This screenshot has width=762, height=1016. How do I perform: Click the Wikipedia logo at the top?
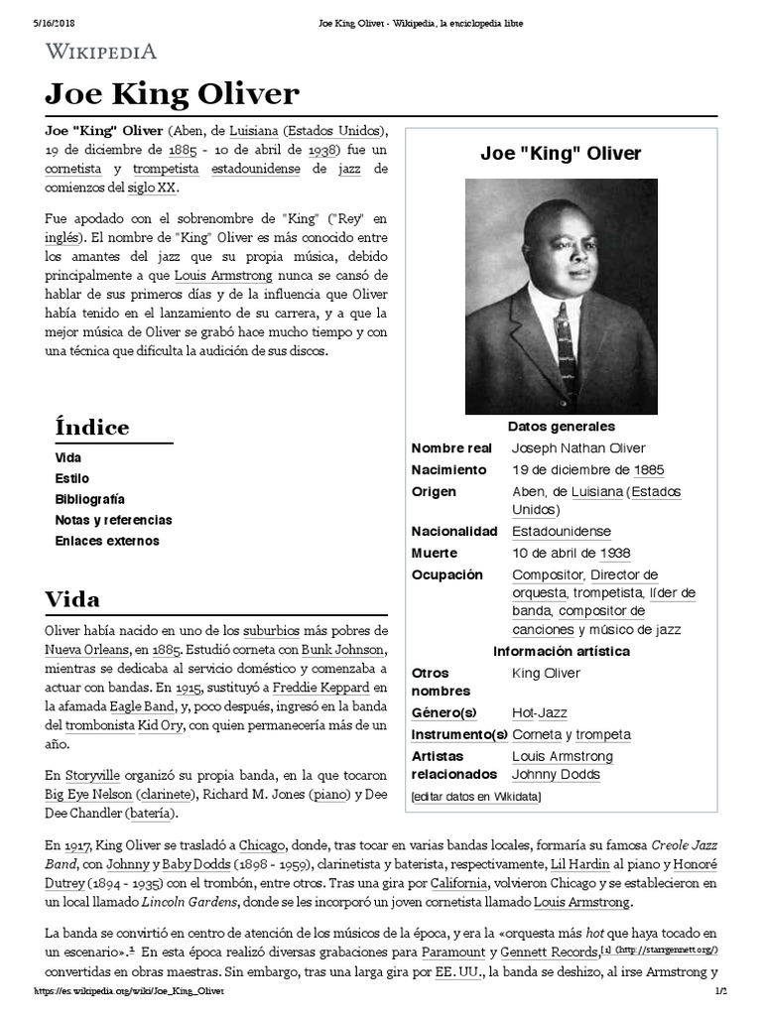[100, 51]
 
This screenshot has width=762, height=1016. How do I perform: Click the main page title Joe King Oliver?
[172, 94]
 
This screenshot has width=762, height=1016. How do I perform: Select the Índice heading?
[91, 428]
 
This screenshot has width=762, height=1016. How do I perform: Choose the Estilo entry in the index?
[71, 478]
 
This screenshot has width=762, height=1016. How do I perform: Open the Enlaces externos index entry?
[106, 541]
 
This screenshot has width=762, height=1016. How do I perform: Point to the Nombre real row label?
[451, 448]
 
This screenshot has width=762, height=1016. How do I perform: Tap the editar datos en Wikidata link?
[476, 797]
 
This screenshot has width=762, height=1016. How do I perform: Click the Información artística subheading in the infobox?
[561, 651]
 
